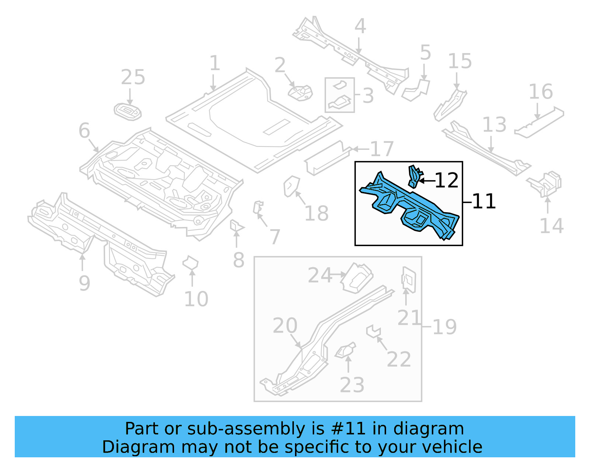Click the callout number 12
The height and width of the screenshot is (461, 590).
[x=447, y=180]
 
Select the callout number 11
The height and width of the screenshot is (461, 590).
[x=484, y=202]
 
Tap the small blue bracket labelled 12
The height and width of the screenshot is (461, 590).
[x=414, y=176]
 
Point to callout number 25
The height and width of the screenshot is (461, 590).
[x=133, y=78]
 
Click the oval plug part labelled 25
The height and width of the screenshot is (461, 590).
[x=128, y=112]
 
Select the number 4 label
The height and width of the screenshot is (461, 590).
[x=360, y=27]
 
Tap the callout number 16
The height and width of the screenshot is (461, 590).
[x=541, y=92]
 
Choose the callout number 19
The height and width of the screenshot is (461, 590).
[x=445, y=327]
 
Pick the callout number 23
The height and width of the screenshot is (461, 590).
[x=352, y=385]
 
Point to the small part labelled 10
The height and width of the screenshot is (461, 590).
[x=190, y=264]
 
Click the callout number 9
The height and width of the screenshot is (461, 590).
[x=84, y=283]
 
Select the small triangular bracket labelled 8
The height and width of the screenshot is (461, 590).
[x=236, y=226]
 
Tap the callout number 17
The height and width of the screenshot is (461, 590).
[x=382, y=149]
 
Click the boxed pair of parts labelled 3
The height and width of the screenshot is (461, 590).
[x=340, y=95]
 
